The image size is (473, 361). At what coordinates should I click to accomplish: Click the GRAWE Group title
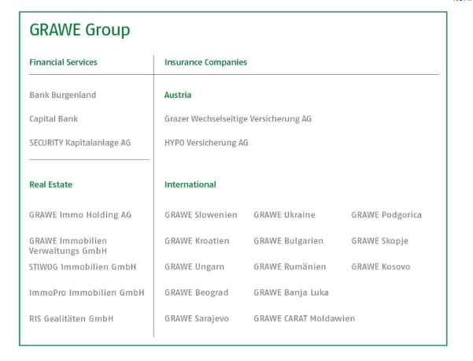(79, 31)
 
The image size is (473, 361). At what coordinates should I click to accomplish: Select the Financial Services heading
(63, 62)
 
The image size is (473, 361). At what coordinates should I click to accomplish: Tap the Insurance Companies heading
(205, 62)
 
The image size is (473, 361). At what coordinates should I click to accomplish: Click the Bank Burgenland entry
(63, 95)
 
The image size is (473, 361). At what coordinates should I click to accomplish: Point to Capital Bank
(54, 119)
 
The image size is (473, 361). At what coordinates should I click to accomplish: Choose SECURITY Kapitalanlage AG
(80, 143)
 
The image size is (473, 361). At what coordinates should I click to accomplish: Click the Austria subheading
(178, 95)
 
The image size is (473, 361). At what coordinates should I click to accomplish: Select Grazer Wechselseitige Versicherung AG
(238, 119)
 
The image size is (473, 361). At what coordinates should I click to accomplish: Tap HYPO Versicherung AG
(206, 143)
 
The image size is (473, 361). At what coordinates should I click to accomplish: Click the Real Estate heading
(50, 184)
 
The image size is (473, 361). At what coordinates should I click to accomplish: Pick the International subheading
(190, 184)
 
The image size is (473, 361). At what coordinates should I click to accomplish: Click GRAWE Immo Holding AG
(80, 215)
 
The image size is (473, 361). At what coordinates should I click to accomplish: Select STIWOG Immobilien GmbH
(83, 266)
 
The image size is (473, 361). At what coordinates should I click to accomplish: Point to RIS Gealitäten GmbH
(71, 318)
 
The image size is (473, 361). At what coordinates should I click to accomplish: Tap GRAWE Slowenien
(201, 215)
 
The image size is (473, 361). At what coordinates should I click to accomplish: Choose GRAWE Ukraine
(284, 215)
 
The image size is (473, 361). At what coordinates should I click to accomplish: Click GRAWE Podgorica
(386, 215)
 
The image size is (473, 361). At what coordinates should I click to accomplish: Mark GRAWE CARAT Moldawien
(305, 318)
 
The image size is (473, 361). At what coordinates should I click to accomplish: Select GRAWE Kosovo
(381, 266)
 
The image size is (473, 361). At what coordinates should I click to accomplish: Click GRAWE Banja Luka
(291, 292)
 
